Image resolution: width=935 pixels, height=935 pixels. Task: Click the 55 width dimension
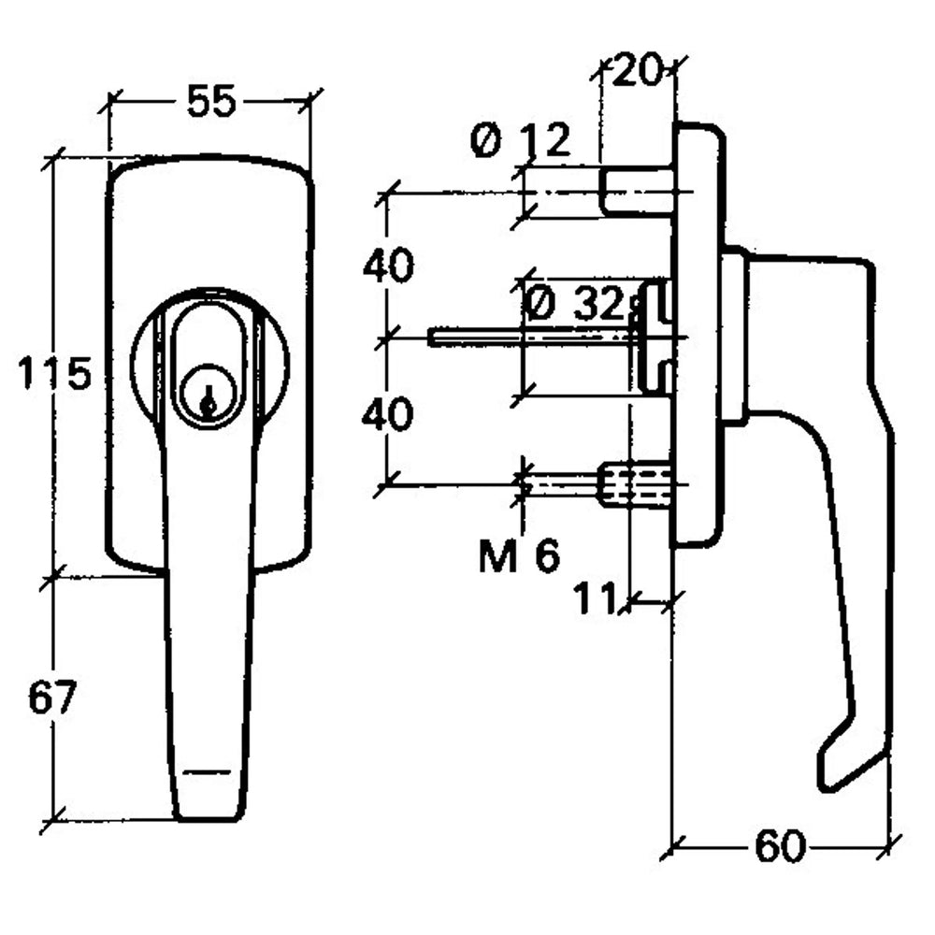210,101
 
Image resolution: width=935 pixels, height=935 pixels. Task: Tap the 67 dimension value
51,698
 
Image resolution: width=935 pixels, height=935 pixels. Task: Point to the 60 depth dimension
779,848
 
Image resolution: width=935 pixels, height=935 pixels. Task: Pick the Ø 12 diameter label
522,142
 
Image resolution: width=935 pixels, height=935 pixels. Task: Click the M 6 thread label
520,557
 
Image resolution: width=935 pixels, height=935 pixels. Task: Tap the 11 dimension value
596,599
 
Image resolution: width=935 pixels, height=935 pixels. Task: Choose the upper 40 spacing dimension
388,267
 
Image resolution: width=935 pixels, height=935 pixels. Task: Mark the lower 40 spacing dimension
388,414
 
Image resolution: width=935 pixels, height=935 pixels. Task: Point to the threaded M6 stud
636,484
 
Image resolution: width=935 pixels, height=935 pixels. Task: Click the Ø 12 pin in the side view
637,191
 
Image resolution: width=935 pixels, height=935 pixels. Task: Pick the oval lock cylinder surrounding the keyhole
210,365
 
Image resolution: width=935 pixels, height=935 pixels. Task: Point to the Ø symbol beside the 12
486,142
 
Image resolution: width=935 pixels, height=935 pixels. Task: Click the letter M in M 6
497,557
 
